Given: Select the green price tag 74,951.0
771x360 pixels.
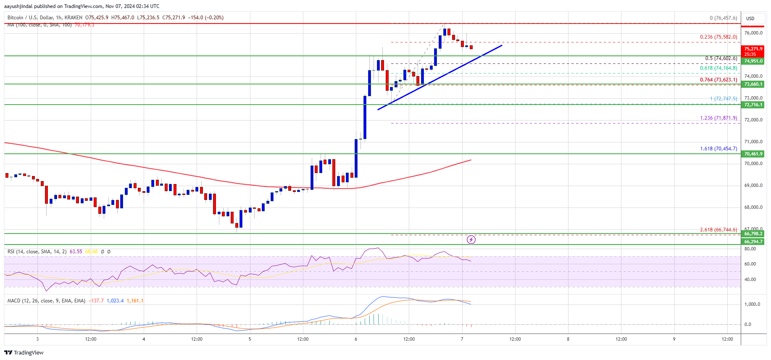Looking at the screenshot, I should pyautogui.click(x=753, y=61).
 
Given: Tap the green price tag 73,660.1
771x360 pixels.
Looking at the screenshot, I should pyautogui.click(x=753, y=84).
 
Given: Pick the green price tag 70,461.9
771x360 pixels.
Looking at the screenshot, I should pyautogui.click(x=753, y=154).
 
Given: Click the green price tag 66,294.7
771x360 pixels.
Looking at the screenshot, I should pyautogui.click(x=753, y=242).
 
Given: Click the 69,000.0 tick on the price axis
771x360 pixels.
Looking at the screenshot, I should pyautogui.click(x=753, y=186).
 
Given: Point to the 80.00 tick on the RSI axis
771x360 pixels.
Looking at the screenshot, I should pyautogui.click(x=750, y=249).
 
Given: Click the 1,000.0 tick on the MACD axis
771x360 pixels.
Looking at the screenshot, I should pyautogui.click(x=752, y=305).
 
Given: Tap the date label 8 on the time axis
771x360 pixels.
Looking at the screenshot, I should pyautogui.click(x=568, y=339).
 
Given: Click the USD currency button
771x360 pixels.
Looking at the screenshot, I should pyautogui.click(x=750, y=18).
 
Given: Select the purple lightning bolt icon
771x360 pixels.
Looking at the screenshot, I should pyautogui.click(x=471, y=239).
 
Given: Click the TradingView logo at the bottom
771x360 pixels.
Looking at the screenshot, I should pyautogui.click(x=24, y=352).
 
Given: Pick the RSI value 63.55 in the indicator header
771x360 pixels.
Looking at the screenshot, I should pyautogui.click(x=76, y=252).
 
